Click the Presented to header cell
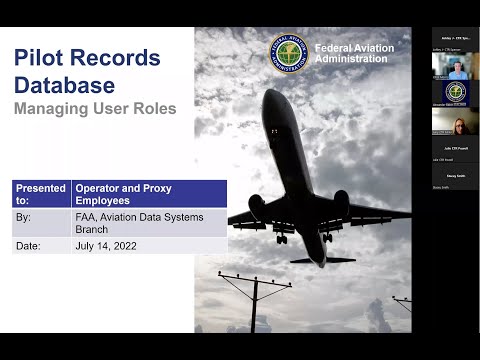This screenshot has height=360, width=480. tap(41, 193)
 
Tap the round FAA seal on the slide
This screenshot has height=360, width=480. tap(289, 54)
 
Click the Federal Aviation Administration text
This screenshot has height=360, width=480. tap(354, 53)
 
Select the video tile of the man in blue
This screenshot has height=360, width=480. tap(455, 65)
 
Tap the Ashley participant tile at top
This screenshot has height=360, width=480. tap(455, 38)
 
